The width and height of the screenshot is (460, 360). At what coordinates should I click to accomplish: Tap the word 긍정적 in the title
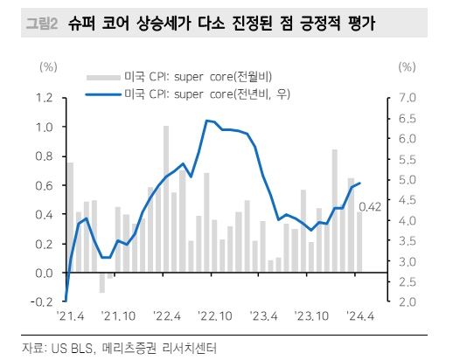tap(310, 24)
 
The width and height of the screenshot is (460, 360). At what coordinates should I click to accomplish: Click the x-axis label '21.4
tap(70, 316)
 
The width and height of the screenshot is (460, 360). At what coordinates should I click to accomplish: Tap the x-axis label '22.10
tap(214, 316)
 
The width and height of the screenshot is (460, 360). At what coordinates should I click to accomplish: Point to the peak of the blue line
tap(206, 121)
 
